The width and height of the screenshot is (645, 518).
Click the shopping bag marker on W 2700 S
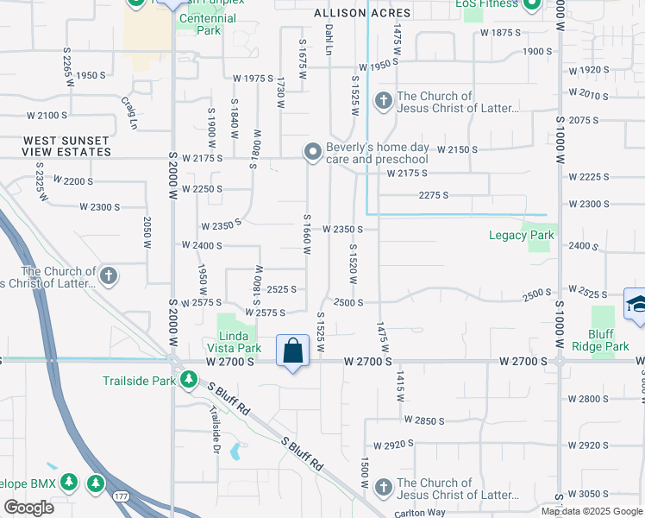coord(293,351)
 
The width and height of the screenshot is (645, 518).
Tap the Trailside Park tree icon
coord(187,379)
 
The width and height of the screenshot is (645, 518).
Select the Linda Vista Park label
coord(238,341)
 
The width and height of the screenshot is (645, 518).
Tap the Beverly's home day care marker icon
coord(312,152)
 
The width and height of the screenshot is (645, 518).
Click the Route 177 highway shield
coord(119,495)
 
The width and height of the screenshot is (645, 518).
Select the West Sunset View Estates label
coord(66,146)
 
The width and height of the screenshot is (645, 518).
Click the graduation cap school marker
coord(636,305)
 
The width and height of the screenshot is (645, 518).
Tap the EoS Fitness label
coord(487,3)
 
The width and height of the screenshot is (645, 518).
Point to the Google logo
coord(28,507)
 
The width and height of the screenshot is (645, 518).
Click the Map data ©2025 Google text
coord(592,511)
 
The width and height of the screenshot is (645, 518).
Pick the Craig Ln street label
coord(130,113)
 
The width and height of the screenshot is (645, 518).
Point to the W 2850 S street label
coord(423,420)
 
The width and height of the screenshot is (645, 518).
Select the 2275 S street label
coord(434,195)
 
